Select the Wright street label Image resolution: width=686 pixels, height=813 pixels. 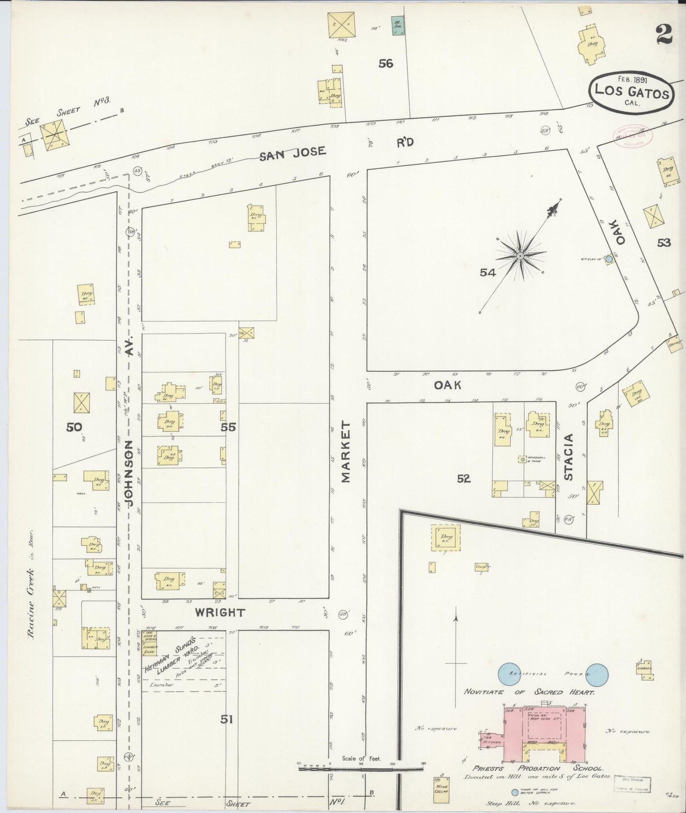(220, 612)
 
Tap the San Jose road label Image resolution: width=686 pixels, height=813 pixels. (292, 152)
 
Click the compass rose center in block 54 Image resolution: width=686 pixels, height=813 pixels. (520, 256)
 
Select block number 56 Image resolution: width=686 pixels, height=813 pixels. (385, 63)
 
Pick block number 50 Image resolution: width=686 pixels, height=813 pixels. (74, 427)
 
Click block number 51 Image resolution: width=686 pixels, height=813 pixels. (226, 720)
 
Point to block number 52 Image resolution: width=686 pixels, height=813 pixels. (463, 479)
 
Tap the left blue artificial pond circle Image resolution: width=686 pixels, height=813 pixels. (509, 674)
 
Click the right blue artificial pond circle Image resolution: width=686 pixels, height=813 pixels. (596, 674)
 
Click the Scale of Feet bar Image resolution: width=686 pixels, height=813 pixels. (361, 767)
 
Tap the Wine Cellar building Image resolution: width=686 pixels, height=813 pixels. (441, 786)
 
